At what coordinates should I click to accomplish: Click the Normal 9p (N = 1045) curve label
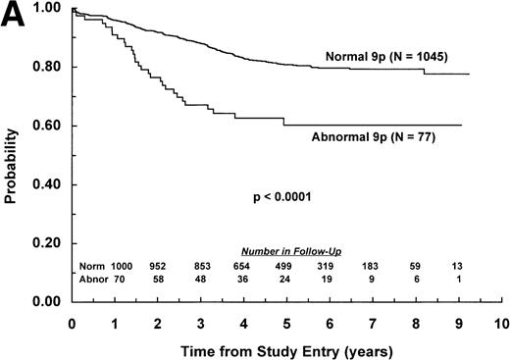pos(386,57)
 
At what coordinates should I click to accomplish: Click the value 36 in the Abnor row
pos(243,281)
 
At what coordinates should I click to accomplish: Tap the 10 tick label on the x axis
pos(500,322)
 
